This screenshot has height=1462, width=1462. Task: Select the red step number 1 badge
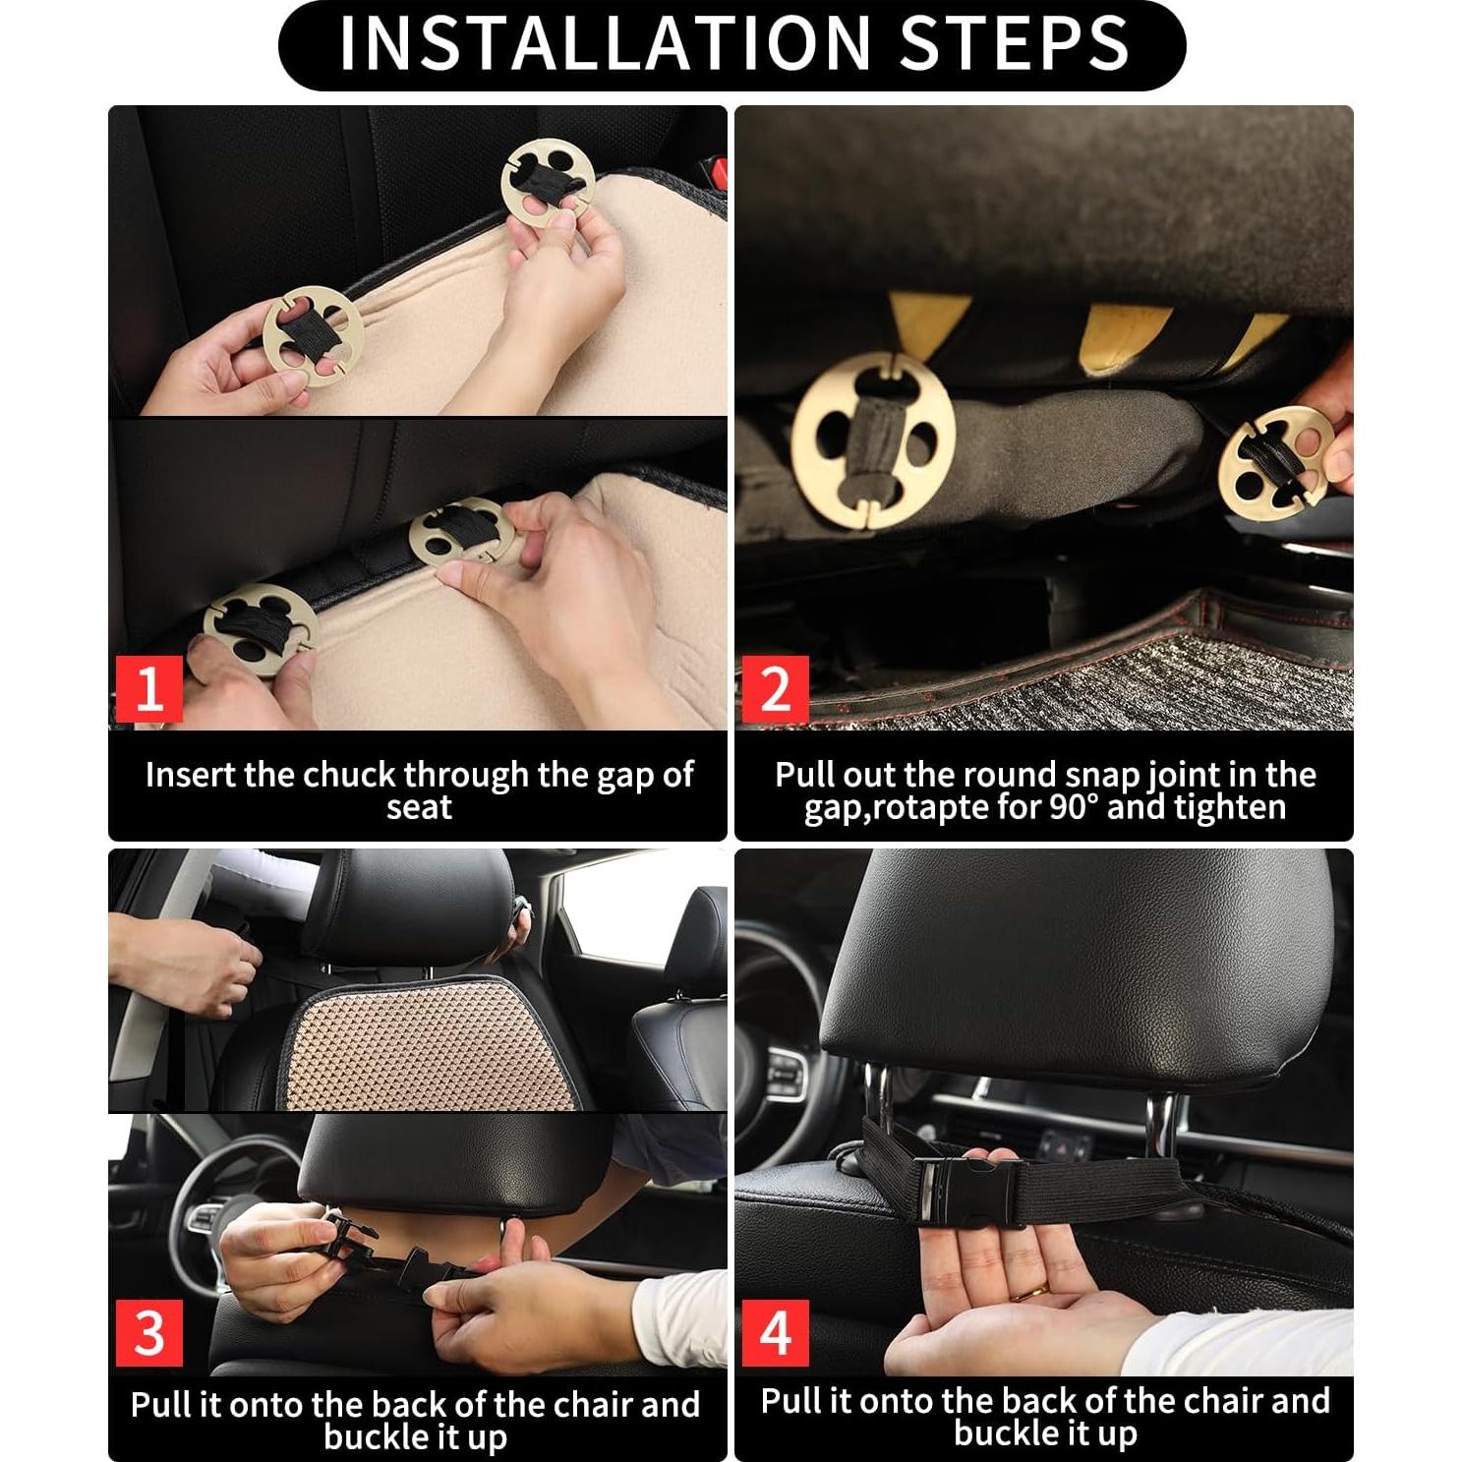tap(149, 689)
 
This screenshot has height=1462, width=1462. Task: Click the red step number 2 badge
tap(775, 689)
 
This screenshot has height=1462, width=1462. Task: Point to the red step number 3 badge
tap(149, 1333)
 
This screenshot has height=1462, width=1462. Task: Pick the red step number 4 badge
tap(775, 1333)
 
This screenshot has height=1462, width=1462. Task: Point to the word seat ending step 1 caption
tap(418, 808)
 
